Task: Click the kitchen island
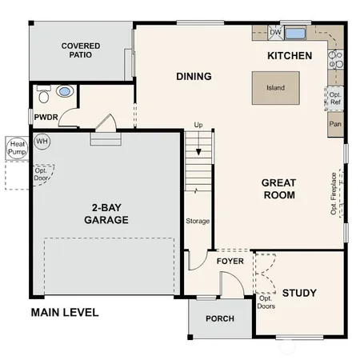(x=276, y=88)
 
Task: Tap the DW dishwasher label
(x=276, y=33)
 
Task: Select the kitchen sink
(x=296, y=34)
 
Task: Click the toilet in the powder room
(x=44, y=93)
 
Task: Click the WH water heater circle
(x=42, y=141)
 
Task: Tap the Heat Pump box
(x=16, y=146)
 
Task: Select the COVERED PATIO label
(x=81, y=51)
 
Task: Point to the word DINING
(x=194, y=77)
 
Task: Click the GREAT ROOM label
(x=278, y=189)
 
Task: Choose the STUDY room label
(x=299, y=293)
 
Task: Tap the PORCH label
(x=220, y=318)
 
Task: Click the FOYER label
(x=230, y=261)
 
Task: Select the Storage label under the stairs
(x=198, y=221)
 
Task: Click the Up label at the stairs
(x=198, y=126)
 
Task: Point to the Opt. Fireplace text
(x=334, y=193)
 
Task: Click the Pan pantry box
(x=335, y=125)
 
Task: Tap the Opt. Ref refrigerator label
(x=335, y=98)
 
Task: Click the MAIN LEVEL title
(x=65, y=312)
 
